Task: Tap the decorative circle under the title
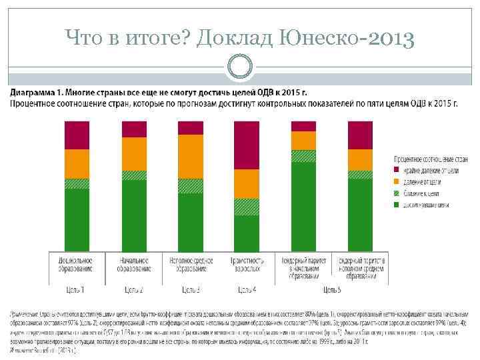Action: pyautogui.click(x=240, y=66)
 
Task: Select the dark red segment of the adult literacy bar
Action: pyautogui.click(x=247, y=145)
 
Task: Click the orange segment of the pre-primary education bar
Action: pyautogui.click(x=77, y=164)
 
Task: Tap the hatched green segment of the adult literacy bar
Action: pyautogui.click(x=247, y=207)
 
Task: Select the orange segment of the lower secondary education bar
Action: pyautogui.click(x=191, y=157)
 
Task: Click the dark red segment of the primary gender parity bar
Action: pyautogui.click(x=304, y=126)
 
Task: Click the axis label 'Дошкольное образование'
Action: pyautogui.click(x=77, y=264)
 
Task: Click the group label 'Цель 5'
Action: pyautogui.click(x=332, y=289)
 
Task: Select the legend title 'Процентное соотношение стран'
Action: pyautogui.click(x=431, y=160)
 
